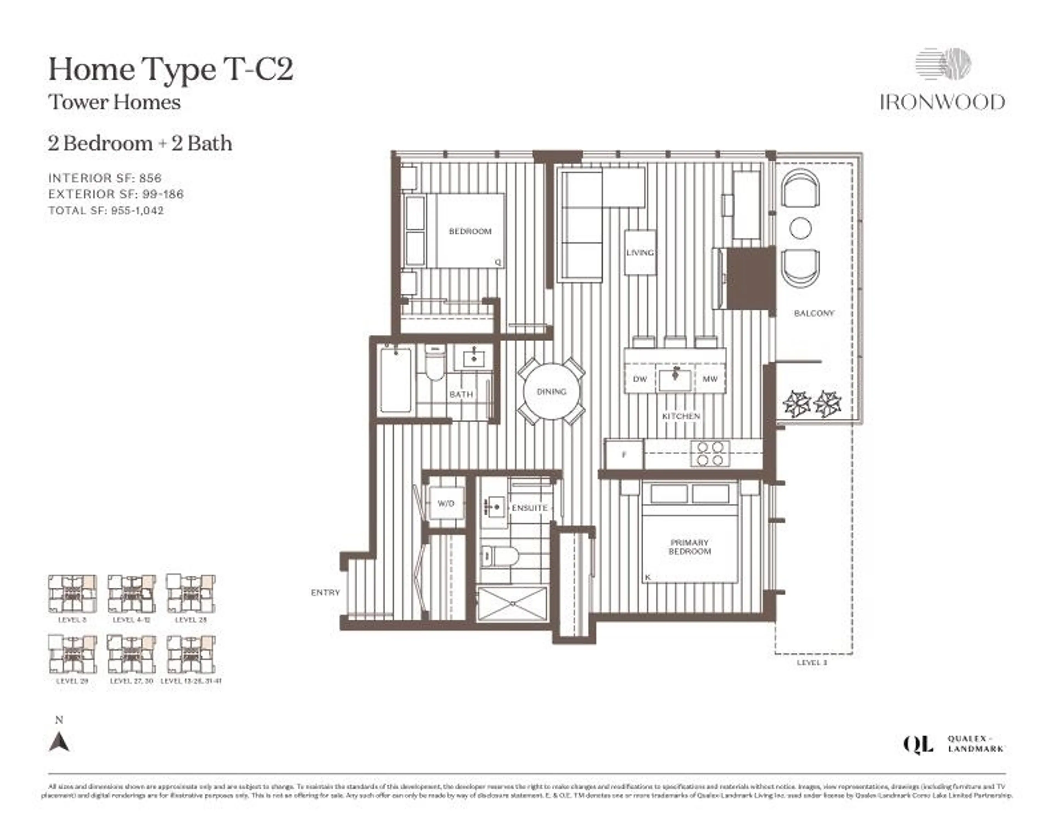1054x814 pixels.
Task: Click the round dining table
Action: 551,391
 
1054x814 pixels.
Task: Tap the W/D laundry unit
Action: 446,503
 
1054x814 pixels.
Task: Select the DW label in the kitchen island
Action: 640,379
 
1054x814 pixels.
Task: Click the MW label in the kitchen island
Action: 710,379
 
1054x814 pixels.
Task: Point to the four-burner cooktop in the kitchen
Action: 710,454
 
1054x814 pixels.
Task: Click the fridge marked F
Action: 624,454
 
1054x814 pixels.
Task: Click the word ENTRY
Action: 325,593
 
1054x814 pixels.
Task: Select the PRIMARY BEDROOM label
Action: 690,547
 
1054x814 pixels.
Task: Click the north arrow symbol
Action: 59,742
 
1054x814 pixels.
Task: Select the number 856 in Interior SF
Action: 151,178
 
